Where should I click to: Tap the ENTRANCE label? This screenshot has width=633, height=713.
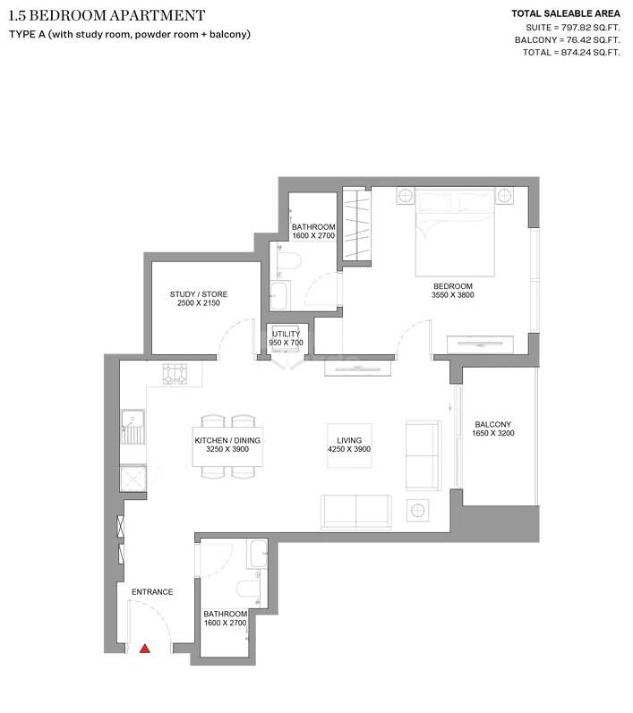152,592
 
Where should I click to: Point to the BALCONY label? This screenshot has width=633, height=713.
493,424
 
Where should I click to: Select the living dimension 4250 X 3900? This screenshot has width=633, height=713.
348,450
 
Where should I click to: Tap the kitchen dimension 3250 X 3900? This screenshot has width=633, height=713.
227,450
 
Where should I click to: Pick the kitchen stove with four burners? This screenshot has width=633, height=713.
175,374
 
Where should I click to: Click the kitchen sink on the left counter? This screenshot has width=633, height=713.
134,427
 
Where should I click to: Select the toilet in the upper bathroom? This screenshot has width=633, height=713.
289,261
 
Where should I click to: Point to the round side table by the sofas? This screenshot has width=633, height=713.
417,511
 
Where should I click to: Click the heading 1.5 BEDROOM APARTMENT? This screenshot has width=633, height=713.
106,15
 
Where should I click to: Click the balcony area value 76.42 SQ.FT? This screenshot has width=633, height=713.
579,40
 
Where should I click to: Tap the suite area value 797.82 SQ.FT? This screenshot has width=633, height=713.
579,28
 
